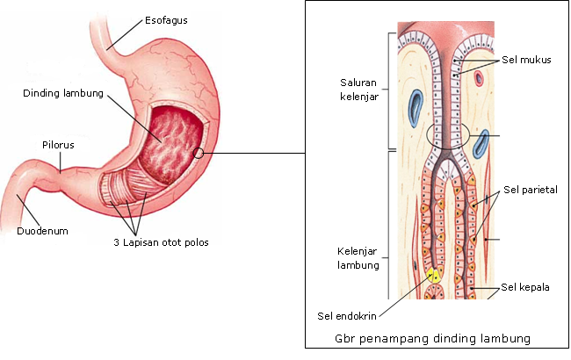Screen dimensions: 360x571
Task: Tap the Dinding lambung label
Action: (62, 93)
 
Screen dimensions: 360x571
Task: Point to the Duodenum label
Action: (42, 232)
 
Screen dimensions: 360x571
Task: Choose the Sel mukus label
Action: (526, 61)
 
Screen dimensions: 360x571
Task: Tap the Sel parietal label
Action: (531, 190)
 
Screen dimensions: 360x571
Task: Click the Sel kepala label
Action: (525, 286)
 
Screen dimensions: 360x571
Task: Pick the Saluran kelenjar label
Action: (358, 90)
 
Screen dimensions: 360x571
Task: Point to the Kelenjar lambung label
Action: (358, 258)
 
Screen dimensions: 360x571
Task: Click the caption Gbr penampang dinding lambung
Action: (435, 338)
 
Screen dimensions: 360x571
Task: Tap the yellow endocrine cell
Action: (434, 276)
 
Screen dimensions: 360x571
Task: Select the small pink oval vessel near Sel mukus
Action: (480, 77)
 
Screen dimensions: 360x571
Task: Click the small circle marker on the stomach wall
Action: (199, 153)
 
